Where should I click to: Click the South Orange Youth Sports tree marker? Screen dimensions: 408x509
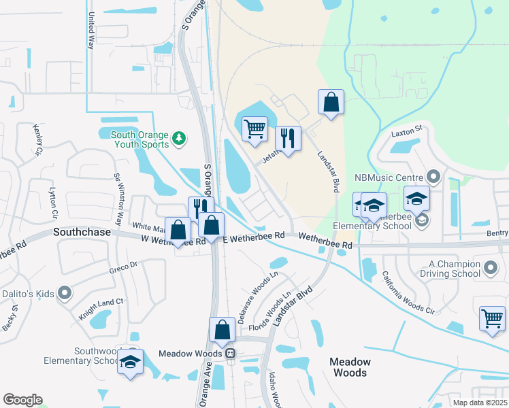click(179, 139)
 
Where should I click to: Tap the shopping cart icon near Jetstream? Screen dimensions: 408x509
click(255, 128)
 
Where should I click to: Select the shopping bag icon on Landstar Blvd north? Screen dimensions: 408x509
click(331, 103)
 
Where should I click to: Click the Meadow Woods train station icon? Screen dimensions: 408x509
click(231, 354)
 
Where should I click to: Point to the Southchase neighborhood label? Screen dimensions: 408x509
click(82, 233)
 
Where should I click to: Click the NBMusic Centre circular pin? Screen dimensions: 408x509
click(436, 178)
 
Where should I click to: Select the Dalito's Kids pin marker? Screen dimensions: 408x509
click(65, 293)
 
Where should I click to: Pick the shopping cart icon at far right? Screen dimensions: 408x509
click(492, 318)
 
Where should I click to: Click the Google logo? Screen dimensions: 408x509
click(22, 400)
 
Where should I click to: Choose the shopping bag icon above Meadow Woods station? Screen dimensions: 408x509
click(222, 330)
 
